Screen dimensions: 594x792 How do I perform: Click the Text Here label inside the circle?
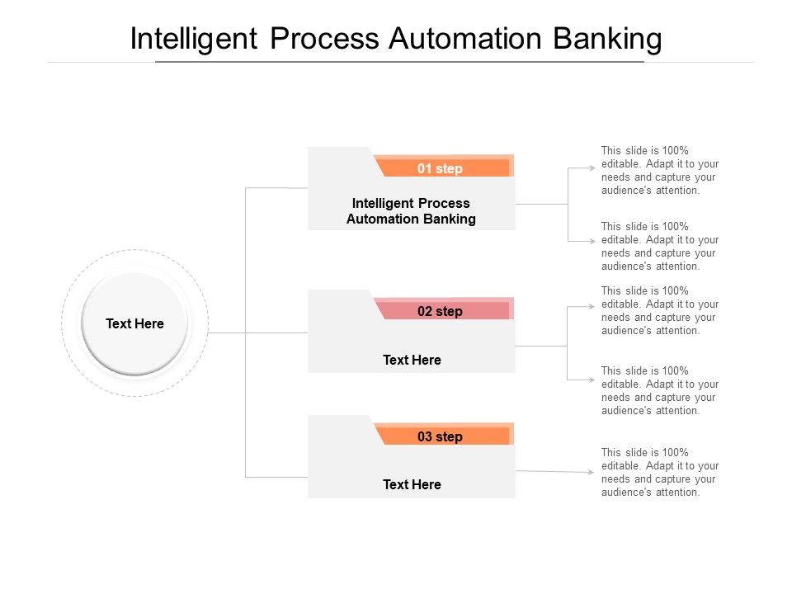coord(134,324)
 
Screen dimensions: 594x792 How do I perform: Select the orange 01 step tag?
coord(441,168)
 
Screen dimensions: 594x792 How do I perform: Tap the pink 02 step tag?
coord(441,311)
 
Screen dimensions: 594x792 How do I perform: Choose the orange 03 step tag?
coord(441,436)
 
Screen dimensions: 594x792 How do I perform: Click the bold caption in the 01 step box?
coord(411,211)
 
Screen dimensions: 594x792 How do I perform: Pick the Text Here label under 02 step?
coord(412,360)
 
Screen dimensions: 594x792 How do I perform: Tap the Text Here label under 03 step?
coord(412,484)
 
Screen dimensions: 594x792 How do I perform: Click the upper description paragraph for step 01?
coord(659,170)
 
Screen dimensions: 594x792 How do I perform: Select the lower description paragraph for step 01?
coord(659,246)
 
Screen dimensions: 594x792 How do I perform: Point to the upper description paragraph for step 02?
coord(659,310)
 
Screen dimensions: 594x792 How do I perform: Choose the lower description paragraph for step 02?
coord(659,390)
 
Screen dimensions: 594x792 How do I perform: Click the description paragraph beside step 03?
coord(659,472)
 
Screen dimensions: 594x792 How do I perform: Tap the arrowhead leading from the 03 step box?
coord(591,473)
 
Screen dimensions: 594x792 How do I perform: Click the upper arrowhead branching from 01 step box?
coord(591,167)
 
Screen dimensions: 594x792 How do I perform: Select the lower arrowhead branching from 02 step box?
coord(591,379)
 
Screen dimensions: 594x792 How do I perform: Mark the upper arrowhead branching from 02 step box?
coord(591,305)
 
